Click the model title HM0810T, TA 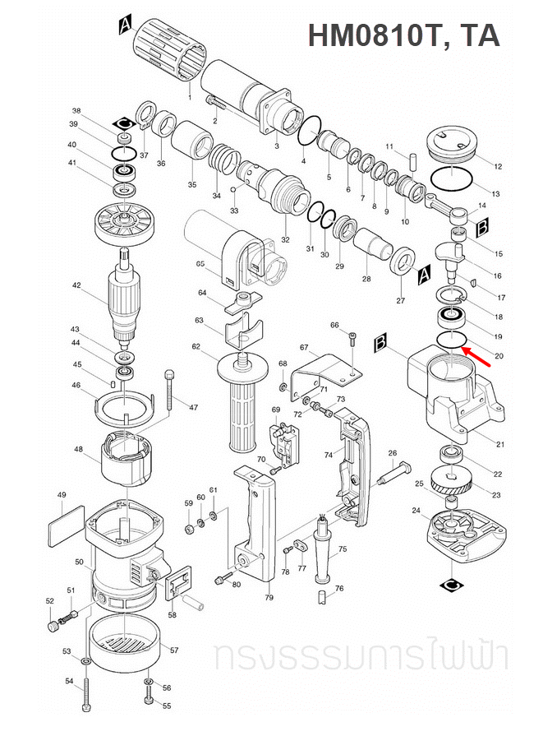(403, 35)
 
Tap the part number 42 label (76, 286)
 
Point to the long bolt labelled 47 (170, 390)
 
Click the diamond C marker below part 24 (451, 585)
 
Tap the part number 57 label (174, 650)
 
